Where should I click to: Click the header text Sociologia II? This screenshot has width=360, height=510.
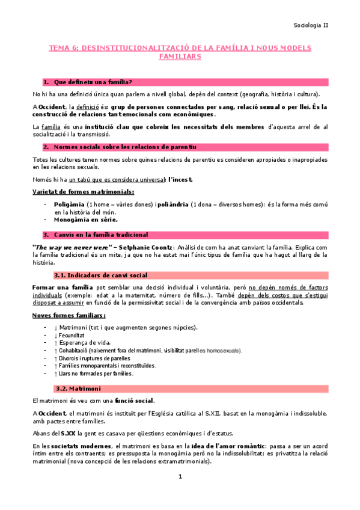(x=310, y=25)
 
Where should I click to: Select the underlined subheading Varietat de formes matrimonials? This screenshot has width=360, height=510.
(x=83, y=192)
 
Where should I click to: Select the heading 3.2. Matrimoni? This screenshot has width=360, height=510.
(x=78, y=389)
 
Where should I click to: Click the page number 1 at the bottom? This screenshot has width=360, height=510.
(x=180, y=477)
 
